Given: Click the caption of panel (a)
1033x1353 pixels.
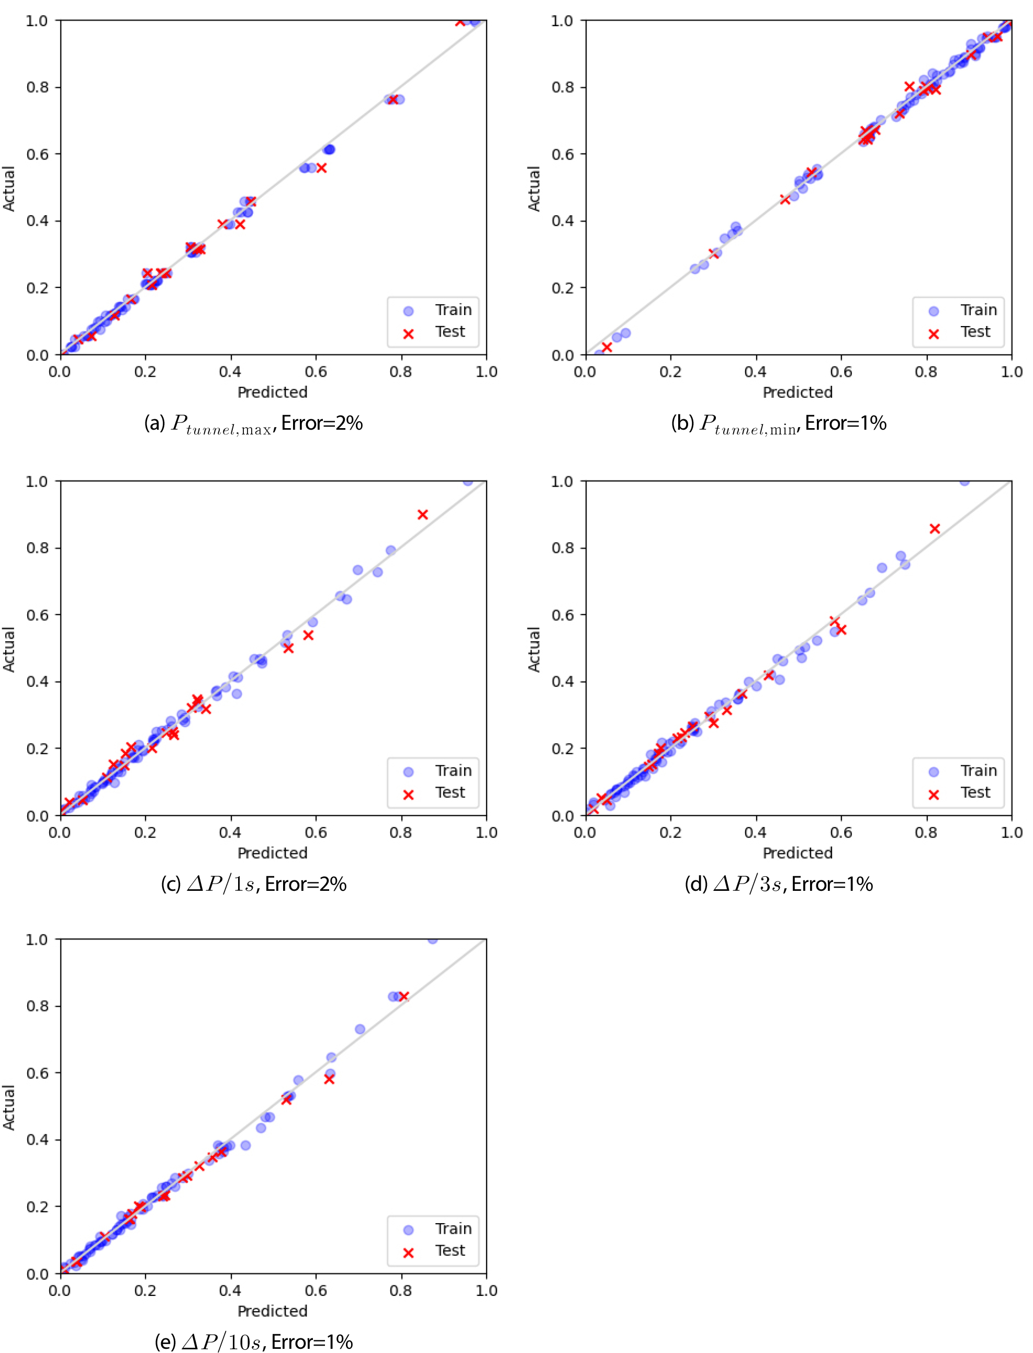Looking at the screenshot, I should (x=253, y=424).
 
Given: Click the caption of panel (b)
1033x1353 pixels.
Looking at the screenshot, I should (x=779, y=424).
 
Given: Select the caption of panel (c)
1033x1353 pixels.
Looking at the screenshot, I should (x=253, y=885).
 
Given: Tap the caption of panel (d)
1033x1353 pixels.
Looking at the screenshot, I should (x=779, y=885).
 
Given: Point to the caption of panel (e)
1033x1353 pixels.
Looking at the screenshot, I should (x=253, y=1341).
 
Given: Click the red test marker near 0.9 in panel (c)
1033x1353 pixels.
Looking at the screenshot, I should (x=422, y=515).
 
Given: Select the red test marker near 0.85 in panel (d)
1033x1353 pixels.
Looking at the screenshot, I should (x=935, y=529).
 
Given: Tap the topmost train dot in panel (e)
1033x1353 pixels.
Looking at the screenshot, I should (x=432, y=939).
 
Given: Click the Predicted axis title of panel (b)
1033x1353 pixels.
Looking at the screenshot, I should (x=798, y=393).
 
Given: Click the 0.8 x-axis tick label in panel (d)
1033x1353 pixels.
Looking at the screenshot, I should (x=926, y=832).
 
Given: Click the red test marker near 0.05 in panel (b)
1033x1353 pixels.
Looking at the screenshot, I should (x=607, y=348).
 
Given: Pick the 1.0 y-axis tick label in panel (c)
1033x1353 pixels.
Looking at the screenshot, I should (x=37, y=482).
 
